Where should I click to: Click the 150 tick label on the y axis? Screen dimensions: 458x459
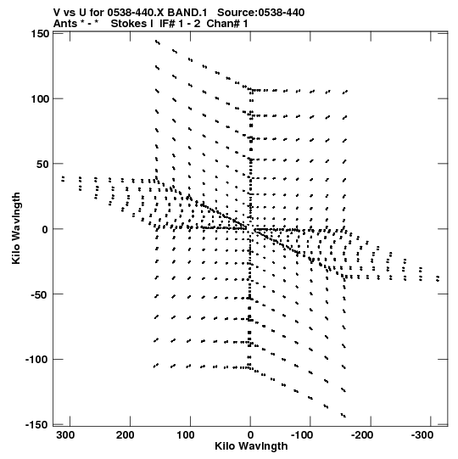pos(40,34)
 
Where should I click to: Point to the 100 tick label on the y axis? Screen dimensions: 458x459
pos(40,99)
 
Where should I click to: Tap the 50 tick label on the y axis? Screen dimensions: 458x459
pos(42,165)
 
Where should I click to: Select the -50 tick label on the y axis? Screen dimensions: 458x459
pos(40,294)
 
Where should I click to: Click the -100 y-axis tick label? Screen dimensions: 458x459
pos(37,360)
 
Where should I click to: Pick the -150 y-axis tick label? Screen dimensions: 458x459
pos(37,425)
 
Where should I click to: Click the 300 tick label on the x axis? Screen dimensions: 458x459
pos(65,435)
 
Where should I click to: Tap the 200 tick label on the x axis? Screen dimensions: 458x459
pos(126,435)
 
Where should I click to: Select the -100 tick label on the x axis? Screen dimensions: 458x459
pos(302,435)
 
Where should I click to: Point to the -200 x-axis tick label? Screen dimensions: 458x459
pos(362,435)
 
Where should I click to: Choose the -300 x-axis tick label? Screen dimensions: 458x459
pos(422,435)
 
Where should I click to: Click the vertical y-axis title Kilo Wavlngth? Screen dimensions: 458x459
pos(16,228)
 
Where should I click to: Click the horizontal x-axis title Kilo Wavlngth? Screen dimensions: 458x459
pos(251,446)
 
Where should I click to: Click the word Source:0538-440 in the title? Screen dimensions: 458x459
pos(261,13)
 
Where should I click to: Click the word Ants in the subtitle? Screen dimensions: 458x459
pos(65,24)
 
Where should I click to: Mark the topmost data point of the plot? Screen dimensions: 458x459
pos(157,42)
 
